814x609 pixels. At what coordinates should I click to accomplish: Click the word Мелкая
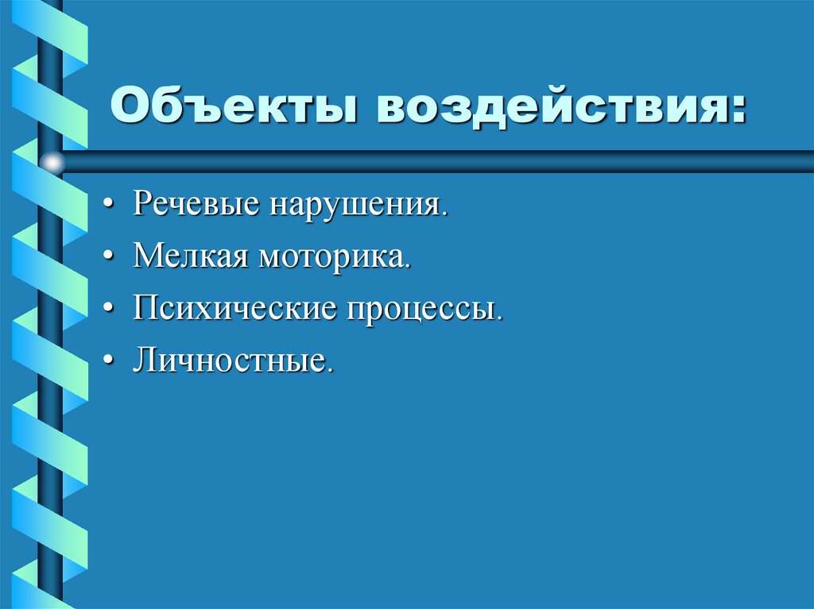point(190,256)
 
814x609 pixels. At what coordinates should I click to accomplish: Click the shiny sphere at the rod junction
point(52,164)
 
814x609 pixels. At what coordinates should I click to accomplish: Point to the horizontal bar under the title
point(437,162)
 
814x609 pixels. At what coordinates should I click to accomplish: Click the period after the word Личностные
point(326,370)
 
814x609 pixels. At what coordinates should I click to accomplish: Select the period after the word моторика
point(409,267)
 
